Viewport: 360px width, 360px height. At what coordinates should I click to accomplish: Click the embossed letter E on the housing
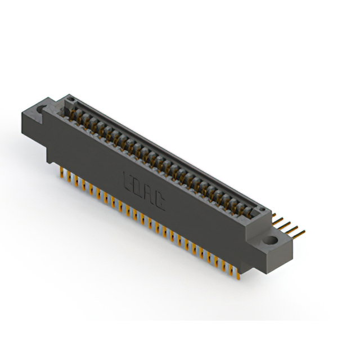click(127, 181)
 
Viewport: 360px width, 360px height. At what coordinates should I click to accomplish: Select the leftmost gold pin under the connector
click(61, 172)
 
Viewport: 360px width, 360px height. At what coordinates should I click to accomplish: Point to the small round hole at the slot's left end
click(70, 102)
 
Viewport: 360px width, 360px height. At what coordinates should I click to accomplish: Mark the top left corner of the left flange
click(22, 112)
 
